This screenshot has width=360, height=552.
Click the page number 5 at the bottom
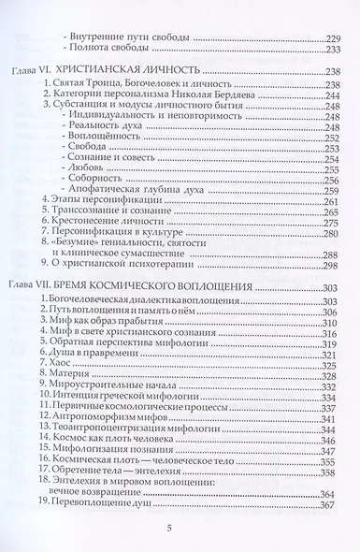pos(180,530)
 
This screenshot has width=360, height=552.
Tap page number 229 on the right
pos(329,36)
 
